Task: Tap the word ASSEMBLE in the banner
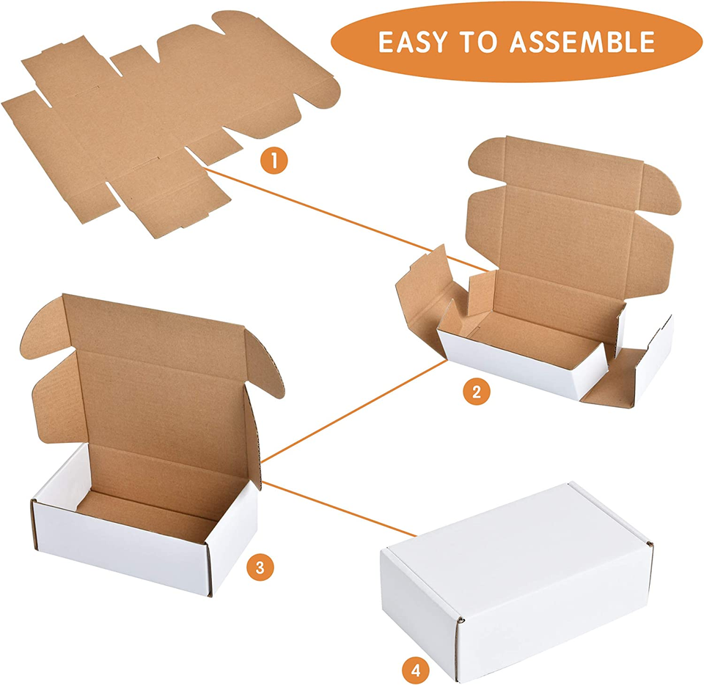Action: [582, 42]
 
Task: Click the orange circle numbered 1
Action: [274, 161]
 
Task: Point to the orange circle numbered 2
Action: [477, 392]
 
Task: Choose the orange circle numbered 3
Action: [260, 568]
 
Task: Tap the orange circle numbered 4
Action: [416, 670]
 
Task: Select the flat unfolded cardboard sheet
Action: [171, 122]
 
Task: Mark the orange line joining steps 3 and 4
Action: [339, 508]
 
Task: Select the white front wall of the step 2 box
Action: [523, 366]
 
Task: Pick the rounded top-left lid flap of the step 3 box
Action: [43, 328]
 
